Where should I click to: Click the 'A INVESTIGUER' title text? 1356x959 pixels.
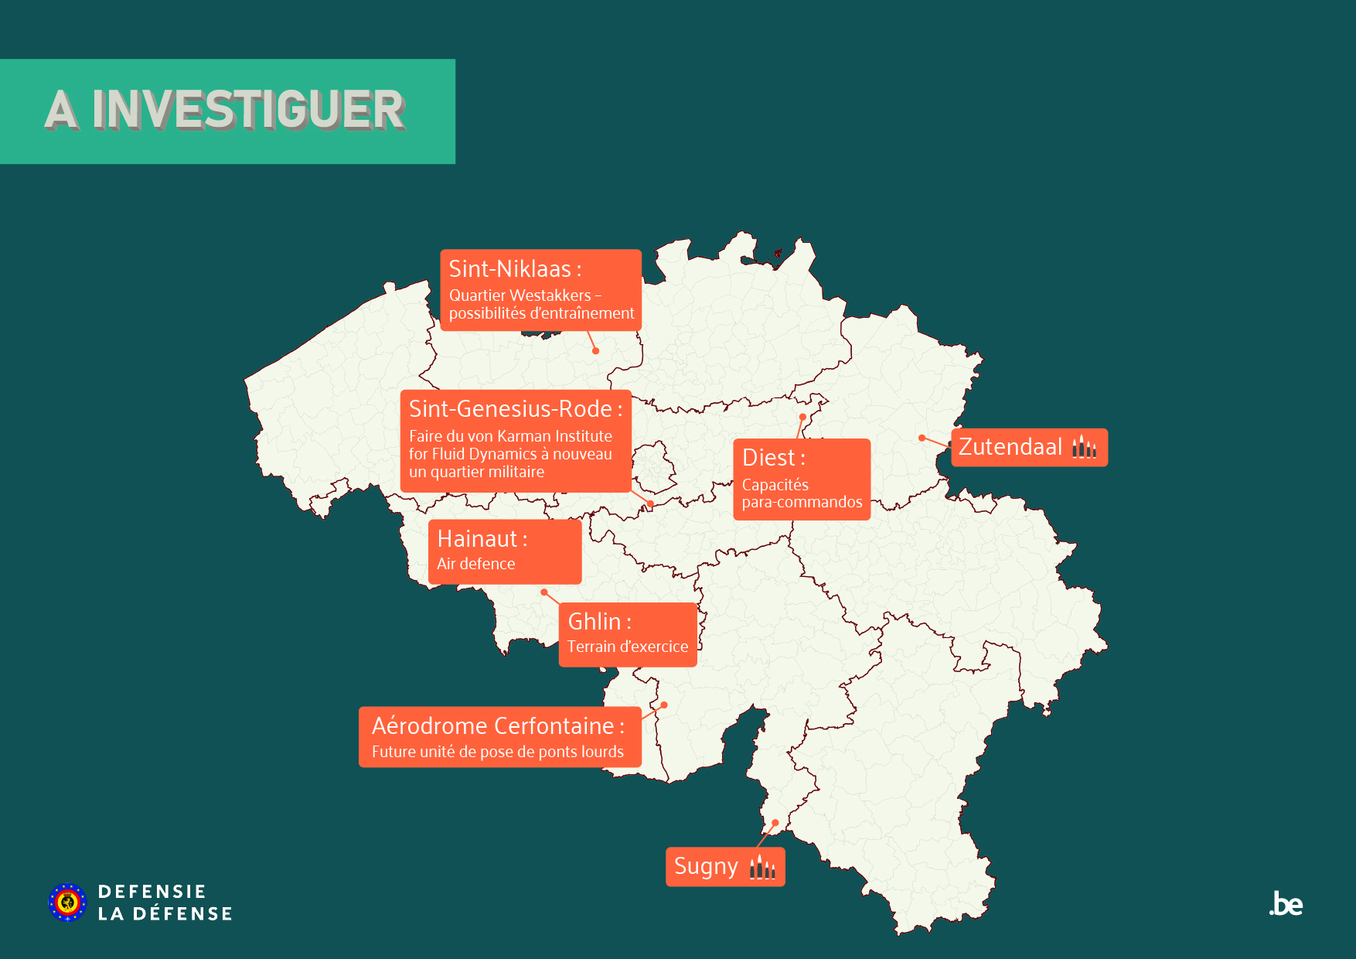(x=225, y=110)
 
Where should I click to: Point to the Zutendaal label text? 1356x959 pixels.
(x=1010, y=447)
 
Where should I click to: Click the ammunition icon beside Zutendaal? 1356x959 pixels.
(x=1084, y=447)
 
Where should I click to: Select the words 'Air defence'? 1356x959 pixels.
(x=475, y=564)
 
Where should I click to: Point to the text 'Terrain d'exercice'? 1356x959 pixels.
(x=627, y=647)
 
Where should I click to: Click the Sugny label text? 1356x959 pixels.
(x=706, y=866)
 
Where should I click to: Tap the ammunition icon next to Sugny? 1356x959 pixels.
(x=762, y=867)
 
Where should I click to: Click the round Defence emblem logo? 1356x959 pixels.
(x=67, y=903)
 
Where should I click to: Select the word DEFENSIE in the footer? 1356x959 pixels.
(x=152, y=892)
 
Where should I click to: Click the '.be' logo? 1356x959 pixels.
(x=1286, y=904)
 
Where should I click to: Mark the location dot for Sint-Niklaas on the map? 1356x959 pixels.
(x=596, y=351)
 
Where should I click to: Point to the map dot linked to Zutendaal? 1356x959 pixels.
(x=922, y=438)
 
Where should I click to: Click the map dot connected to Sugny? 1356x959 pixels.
(x=775, y=823)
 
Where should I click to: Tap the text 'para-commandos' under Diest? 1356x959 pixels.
(x=802, y=503)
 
